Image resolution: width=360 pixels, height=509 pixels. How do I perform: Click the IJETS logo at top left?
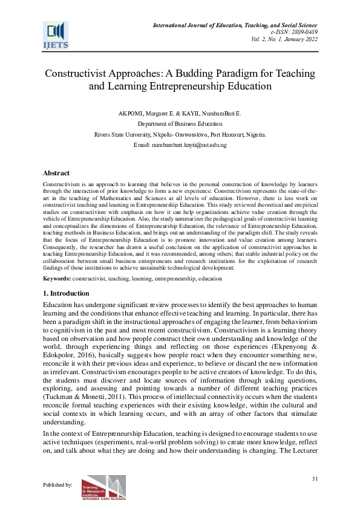pos(55,35)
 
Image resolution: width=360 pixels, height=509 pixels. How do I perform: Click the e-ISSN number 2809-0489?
pos(304,31)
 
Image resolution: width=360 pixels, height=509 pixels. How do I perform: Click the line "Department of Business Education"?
pos(180,125)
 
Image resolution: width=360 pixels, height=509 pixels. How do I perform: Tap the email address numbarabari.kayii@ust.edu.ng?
pos(189,146)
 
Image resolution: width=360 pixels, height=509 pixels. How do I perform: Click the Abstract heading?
pos(56,173)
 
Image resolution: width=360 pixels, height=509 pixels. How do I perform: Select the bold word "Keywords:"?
pos(57,279)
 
